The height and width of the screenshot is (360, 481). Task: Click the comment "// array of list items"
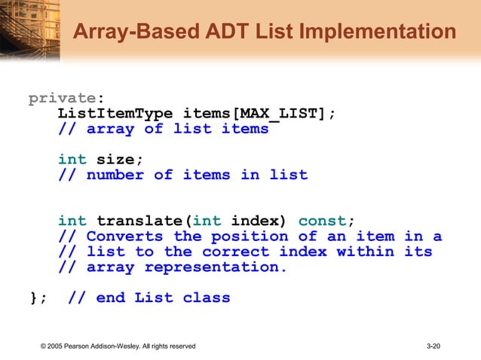pos(163,129)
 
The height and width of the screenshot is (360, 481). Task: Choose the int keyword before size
pos(72,160)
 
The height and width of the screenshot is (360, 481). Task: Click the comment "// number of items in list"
pos(182,175)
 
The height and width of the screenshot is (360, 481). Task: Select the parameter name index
pos(259,221)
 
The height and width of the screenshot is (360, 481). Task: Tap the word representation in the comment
pos(216,267)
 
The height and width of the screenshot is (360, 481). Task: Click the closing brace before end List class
pos(34,297)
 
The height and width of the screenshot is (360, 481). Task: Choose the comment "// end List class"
pos(149,297)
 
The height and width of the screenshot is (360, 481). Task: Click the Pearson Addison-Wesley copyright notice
pos(119,346)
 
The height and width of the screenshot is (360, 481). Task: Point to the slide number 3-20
pos(433,346)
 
